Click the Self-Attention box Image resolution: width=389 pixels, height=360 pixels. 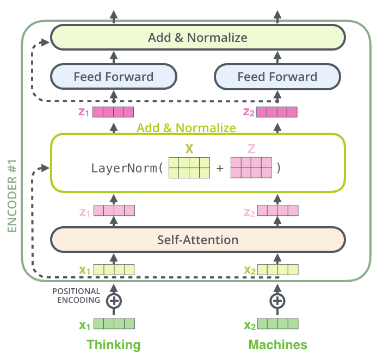pyautogui.click(x=197, y=240)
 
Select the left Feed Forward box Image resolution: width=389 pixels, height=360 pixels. pyautogui.click(x=114, y=77)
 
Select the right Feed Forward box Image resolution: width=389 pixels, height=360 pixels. pyautogui.click(x=277, y=77)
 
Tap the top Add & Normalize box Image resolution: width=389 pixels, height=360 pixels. pyautogui.click(x=197, y=38)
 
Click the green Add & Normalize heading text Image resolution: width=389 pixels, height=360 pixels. pyautogui.click(x=186, y=128)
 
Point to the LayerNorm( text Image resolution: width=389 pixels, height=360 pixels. pyautogui.click(x=127, y=169)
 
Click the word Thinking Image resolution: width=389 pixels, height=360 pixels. pyautogui.click(x=114, y=345)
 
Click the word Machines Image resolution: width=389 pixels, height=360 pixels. pyautogui.click(x=278, y=345)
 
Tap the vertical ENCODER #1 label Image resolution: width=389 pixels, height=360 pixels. pyautogui.click(x=12, y=196)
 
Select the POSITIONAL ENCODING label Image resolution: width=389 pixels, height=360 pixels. pyautogui.click(x=76, y=295)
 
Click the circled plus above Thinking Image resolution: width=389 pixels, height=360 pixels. pyautogui.click(x=114, y=301)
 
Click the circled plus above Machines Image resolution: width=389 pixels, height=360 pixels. pyautogui.click(x=277, y=301)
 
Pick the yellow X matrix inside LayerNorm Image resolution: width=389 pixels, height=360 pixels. pyautogui.click(x=189, y=167)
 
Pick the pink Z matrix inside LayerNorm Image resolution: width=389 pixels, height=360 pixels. pyautogui.click(x=251, y=167)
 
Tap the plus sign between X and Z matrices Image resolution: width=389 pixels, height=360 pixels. pyautogui.click(x=220, y=169)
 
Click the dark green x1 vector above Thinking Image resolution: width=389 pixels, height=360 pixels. pyautogui.click(x=114, y=324)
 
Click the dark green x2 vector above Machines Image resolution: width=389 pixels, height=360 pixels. pyautogui.click(x=278, y=324)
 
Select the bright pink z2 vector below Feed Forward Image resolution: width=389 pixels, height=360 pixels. pyautogui.click(x=277, y=112)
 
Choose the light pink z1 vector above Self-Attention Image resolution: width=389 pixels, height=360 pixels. pyautogui.click(x=114, y=210)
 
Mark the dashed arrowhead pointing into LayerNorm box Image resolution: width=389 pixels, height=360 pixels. pyautogui.click(x=45, y=168)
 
